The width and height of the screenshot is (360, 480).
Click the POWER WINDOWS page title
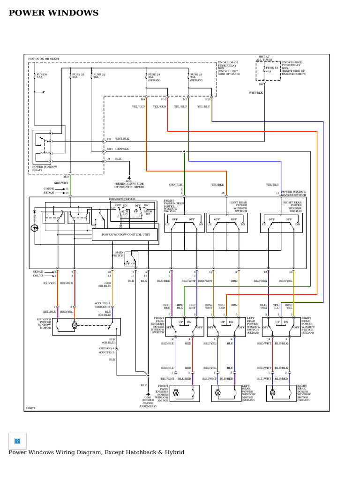53,13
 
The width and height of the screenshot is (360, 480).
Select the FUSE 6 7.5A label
42,76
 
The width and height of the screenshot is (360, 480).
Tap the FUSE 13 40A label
272,70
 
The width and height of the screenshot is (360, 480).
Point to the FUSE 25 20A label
196,76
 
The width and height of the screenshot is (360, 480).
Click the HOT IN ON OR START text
44,59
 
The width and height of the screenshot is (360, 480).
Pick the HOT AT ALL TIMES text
264,58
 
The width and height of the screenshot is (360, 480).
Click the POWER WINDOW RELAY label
45,168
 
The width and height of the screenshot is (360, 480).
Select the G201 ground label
129,183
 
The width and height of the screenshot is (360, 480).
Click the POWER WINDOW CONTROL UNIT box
125,235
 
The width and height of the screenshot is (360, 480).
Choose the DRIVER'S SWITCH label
122,199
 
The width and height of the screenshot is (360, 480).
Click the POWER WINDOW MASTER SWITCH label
293,193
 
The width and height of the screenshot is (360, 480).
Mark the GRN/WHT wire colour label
60,183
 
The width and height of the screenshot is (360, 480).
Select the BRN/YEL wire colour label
285,281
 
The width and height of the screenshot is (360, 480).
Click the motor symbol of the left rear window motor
218,393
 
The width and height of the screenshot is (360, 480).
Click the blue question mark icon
17,441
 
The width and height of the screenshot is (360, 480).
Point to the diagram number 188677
30,408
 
